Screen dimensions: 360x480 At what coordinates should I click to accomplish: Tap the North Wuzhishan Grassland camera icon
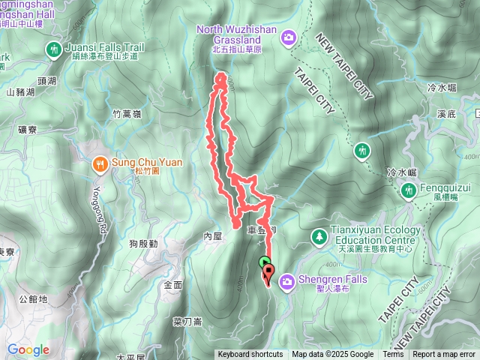(x=289, y=36)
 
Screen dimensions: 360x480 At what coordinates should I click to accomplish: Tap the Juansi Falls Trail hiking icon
(x=54, y=50)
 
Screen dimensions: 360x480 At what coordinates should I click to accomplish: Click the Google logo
(x=28, y=349)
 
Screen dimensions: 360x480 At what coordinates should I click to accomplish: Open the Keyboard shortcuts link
(x=250, y=355)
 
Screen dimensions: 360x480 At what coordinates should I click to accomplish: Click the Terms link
(x=393, y=355)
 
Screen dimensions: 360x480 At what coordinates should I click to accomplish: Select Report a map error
(x=443, y=355)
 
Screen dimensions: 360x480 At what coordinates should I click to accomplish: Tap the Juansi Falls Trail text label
(x=103, y=46)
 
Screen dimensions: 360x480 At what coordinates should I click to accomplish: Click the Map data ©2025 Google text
(x=333, y=355)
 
